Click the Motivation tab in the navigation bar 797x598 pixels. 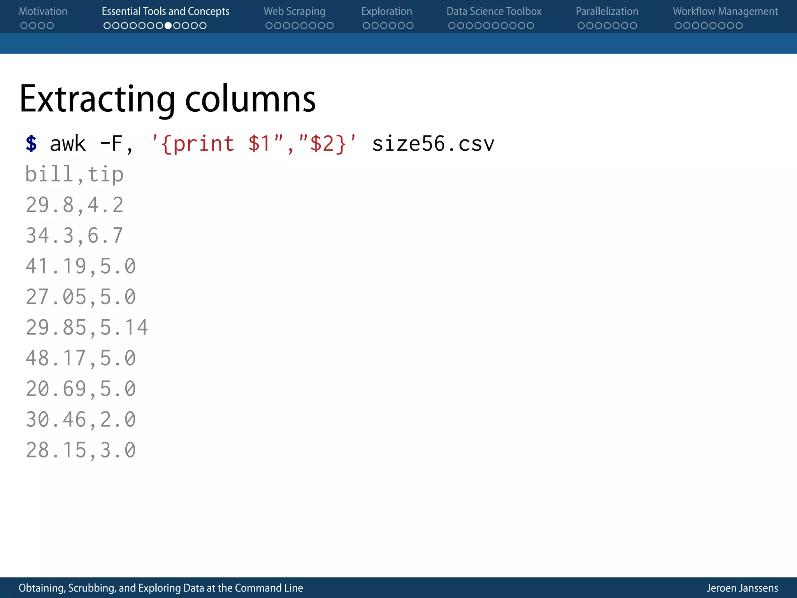coord(43,12)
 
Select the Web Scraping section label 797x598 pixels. coord(294,12)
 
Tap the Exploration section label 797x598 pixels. coord(386,12)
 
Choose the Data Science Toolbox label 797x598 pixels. coord(494,12)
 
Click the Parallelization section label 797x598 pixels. coord(607,12)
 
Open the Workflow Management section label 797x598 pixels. coord(725,12)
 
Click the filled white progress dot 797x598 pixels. coord(168,26)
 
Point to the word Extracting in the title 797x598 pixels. coord(97,99)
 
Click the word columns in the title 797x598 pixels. coord(250,99)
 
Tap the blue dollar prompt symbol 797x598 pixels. coord(31,143)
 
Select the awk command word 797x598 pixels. coord(68,144)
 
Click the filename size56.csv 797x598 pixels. coord(433,144)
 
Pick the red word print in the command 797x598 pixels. coord(203,144)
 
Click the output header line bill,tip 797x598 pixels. coord(74,174)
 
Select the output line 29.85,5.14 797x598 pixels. coord(87,327)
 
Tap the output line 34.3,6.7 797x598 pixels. coord(74,236)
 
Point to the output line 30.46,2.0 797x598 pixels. coord(81,419)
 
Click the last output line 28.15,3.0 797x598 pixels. coord(81,450)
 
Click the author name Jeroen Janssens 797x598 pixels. coord(742,588)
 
